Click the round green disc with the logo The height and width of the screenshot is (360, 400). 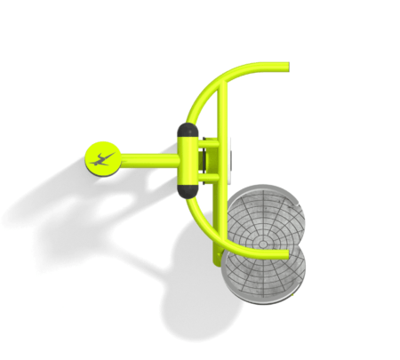(x=104, y=159)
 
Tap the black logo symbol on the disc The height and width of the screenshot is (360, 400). (x=104, y=160)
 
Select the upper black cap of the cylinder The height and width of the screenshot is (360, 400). (x=188, y=131)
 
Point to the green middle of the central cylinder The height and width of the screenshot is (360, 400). (x=188, y=161)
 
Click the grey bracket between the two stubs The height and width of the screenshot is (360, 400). (x=204, y=161)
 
